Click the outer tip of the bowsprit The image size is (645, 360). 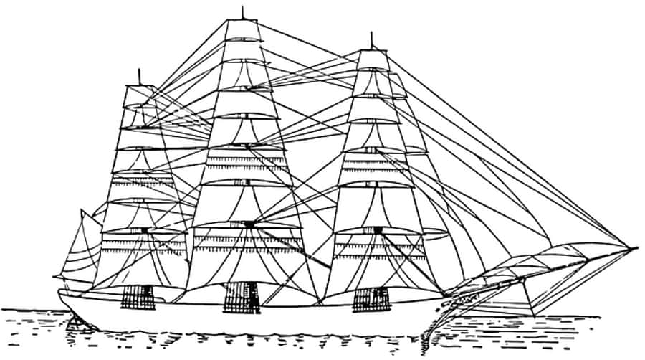pyautogui.click(x=636, y=249)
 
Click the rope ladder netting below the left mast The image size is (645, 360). pyautogui.click(x=137, y=297)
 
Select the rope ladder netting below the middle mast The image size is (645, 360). pyautogui.click(x=241, y=297)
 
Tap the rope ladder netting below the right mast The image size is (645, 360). pyautogui.click(x=371, y=298)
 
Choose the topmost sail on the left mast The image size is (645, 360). pyautogui.click(x=138, y=95)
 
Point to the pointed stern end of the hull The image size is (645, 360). pyautogui.click(x=60, y=293)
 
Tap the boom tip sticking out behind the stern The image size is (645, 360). pyautogui.click(x=55, y=277)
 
